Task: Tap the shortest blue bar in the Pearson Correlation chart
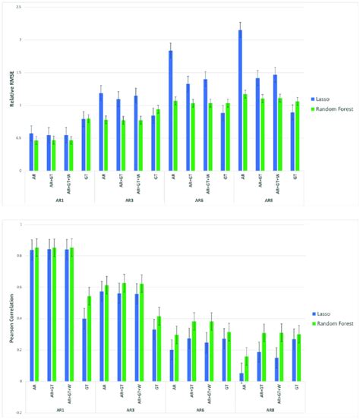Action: coord(241,376)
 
